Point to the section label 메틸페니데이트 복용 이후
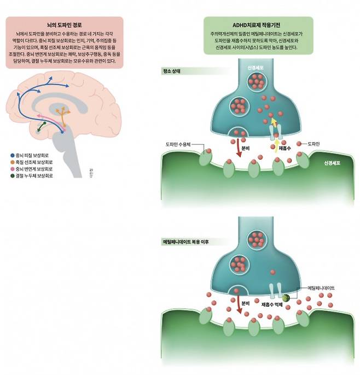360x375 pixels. tap(186, 241)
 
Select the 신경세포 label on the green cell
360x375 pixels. tap(332, 163)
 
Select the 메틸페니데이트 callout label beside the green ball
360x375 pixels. tap(323, 287)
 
